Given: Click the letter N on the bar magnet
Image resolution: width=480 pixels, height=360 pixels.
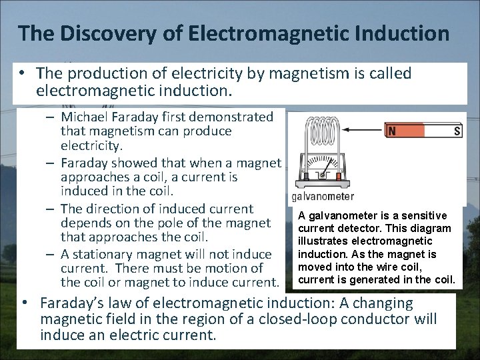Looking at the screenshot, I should click(393, 131).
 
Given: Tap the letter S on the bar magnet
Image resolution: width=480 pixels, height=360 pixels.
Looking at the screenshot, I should click(457, 131).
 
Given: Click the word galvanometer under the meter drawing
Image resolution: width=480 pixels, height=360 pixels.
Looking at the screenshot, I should click(323, 197).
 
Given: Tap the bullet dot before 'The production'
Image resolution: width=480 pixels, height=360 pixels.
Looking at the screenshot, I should click(22, 73).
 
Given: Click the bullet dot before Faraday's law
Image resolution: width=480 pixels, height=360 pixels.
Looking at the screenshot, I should click(25, 303).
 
